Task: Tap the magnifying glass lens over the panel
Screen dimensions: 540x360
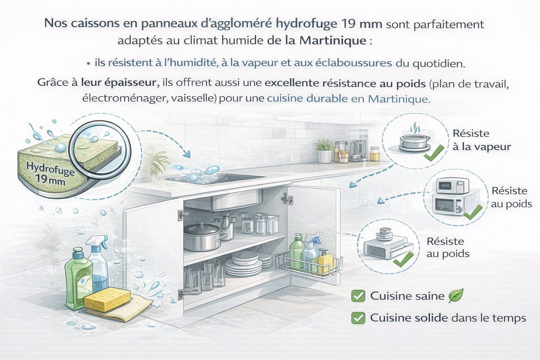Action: coord(100,149)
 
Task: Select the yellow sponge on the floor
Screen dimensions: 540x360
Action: coord(107,299)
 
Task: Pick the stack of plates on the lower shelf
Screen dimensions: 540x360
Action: coord(244,264)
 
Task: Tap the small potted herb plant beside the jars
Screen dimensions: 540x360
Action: coord(325,151)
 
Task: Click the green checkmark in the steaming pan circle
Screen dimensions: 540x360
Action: coord(434,153)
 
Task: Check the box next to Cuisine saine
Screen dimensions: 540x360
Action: coord(358,296)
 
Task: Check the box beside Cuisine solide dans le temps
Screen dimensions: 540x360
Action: coord(358,318)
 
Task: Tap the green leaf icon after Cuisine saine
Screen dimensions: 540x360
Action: coord(456,296)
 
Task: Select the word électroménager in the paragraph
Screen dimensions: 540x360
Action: coord(125,99)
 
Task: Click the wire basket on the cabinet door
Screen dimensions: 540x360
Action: coord(309,265)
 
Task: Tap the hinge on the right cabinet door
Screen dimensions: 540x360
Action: coord(287,199)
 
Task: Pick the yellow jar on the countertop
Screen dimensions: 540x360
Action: coord(375,154)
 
